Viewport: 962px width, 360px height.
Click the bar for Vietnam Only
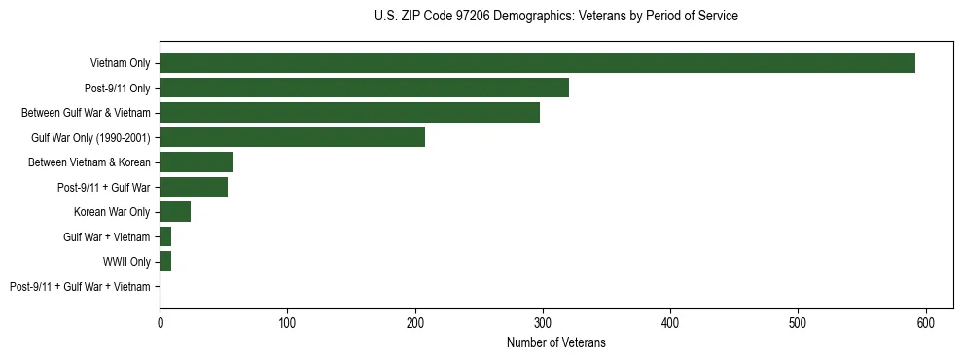click(x=537, y=63)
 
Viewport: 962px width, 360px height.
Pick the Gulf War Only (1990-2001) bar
click(x=292, y=137)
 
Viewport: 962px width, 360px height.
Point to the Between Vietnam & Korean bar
click(x=196, y=162)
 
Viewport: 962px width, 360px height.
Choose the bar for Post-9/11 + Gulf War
click(x=194, y=187)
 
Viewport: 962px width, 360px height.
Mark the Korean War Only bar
click(x=175, y=212)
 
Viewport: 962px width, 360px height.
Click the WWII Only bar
click(x=165, y=262)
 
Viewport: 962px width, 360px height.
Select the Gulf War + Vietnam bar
click(x=165, y=236)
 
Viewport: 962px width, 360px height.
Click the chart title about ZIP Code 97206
click(x=555, y=17)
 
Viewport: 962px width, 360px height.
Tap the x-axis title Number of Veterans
click(x=555, y=342)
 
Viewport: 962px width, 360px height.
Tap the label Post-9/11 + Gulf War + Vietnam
click(x=80, y=286)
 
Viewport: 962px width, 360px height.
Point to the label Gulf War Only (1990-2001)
click(x=90, y=137)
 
